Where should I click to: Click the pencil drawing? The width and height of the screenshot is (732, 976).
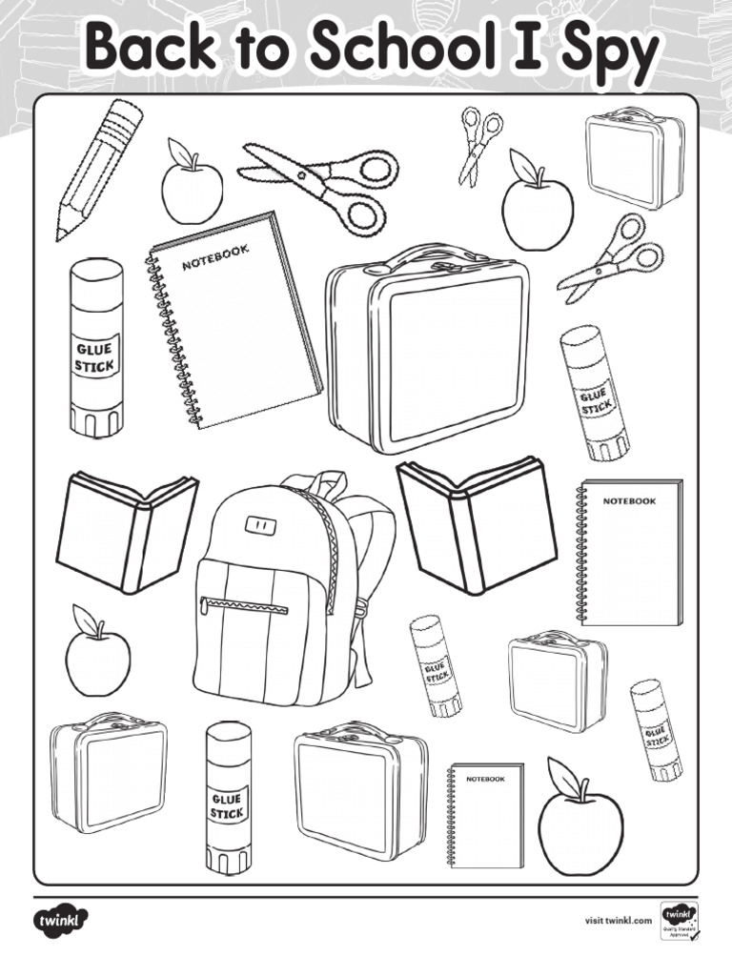99,170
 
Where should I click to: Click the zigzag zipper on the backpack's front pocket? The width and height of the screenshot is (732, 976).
246,605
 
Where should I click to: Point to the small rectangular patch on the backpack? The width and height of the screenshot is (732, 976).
257,523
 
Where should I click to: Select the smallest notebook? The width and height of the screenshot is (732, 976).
486,815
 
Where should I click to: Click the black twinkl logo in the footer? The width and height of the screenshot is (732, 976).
62,921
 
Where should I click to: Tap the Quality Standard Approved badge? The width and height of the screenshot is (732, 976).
680,921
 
